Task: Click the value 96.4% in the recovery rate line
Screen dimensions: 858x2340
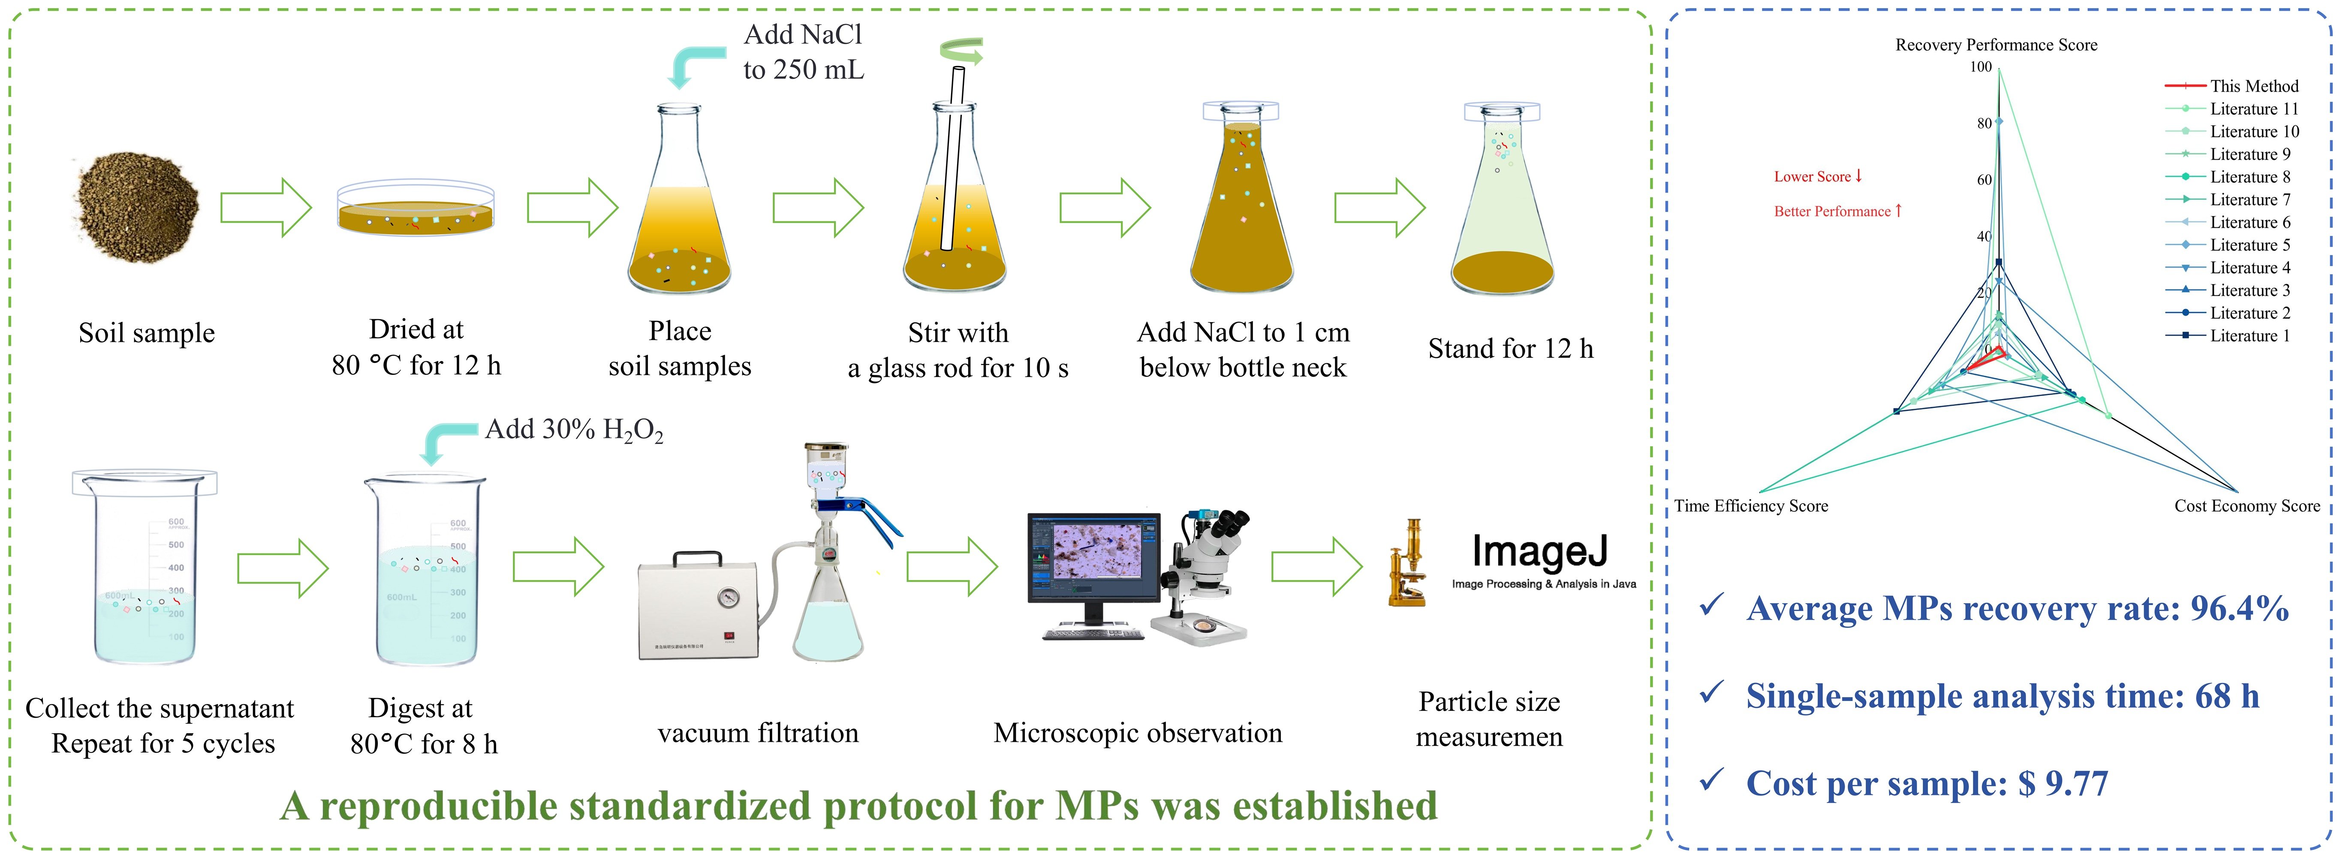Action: (2239, 608)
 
